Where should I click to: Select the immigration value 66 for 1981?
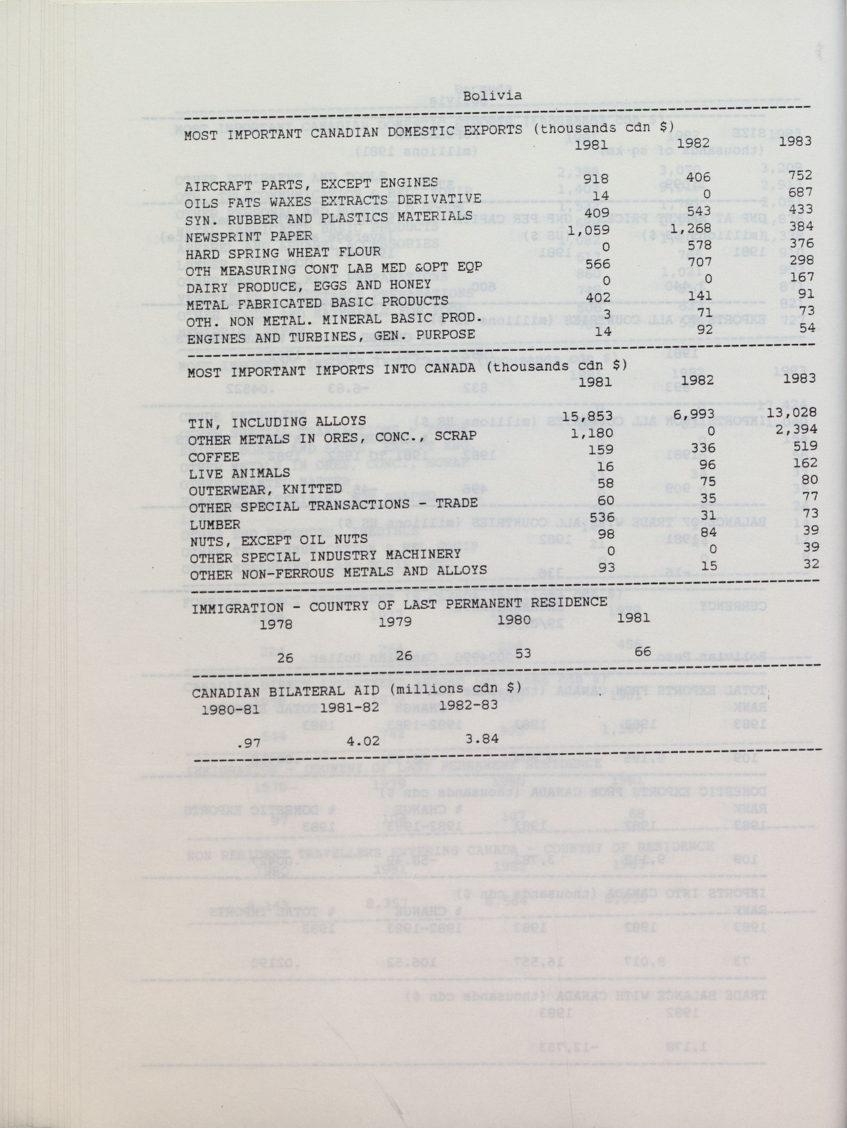tap(642, 650)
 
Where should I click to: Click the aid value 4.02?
tap(363, 740)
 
